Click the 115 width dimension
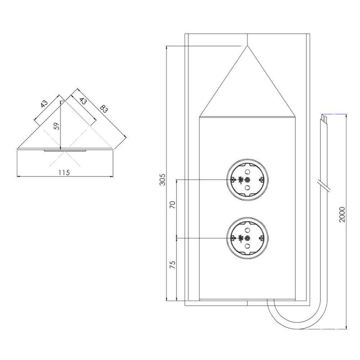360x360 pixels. pos(63,172)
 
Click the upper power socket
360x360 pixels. pos(247,180)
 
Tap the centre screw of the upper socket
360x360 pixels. pos(247,180)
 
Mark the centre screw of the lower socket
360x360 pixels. pos(247,237)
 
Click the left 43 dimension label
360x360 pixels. pos(44,103)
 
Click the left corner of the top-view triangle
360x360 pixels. pos(18,148)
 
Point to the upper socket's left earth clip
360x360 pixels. pos(233,180)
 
